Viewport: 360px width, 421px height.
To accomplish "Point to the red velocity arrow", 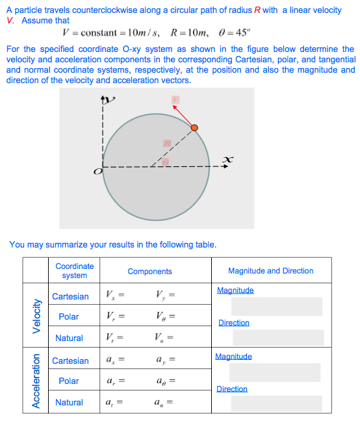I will tap(185, 118).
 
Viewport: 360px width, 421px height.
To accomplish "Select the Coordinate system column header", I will tap(74, 271).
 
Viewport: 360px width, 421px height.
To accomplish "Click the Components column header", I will tap(149, 272).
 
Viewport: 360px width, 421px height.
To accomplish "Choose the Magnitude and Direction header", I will tap(270, 271).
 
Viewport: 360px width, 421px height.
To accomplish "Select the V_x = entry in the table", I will tap(114, 296).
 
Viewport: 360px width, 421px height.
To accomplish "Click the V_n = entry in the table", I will tap(164, 338).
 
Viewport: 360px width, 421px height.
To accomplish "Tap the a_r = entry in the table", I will tap(114, 381).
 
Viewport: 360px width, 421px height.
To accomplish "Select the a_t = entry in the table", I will tap(114, 403).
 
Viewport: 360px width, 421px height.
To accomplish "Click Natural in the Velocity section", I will tap(69, 338).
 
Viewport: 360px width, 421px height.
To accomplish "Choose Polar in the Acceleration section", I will tap(69, 381).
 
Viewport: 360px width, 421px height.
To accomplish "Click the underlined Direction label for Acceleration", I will tap(232, 389).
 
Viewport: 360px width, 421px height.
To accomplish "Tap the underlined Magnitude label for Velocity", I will tap(235, 290).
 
